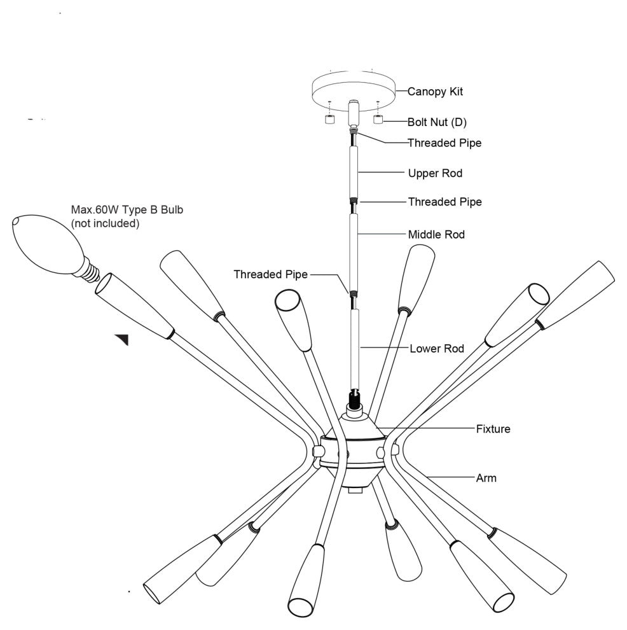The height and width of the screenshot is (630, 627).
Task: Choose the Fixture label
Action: pyautogui.click(x=493, y=429)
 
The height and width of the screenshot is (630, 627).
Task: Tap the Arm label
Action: pyautogui.click(x=486, y=477)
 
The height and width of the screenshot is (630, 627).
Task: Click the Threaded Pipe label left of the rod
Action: pyautogui.click(x=270, y=274)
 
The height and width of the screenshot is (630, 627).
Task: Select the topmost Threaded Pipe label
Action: pyautogui.click(x=444, y=143)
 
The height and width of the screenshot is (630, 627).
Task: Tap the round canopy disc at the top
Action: pyautogui.click(x=353, y=89)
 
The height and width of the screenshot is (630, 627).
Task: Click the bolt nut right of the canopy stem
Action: pyautogui.click(x=378, y=119)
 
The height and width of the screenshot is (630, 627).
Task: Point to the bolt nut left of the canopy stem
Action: pyautogui.click(x=329, y=120)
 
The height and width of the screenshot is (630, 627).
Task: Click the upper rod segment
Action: pyautogui.click(x=354, y=172)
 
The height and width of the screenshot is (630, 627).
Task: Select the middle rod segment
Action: pyautogui.click(x=354, y=251)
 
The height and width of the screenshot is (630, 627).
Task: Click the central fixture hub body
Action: pyautogui.click(x=354, y=449)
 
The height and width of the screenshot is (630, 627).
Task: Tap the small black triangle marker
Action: pyautogui.click(x=123, y=339)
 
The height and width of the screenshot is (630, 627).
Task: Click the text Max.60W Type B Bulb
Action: pyautogui.click(x=127, y=210)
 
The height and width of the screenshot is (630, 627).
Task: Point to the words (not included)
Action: pyautogui.click(x=105, y=223)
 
